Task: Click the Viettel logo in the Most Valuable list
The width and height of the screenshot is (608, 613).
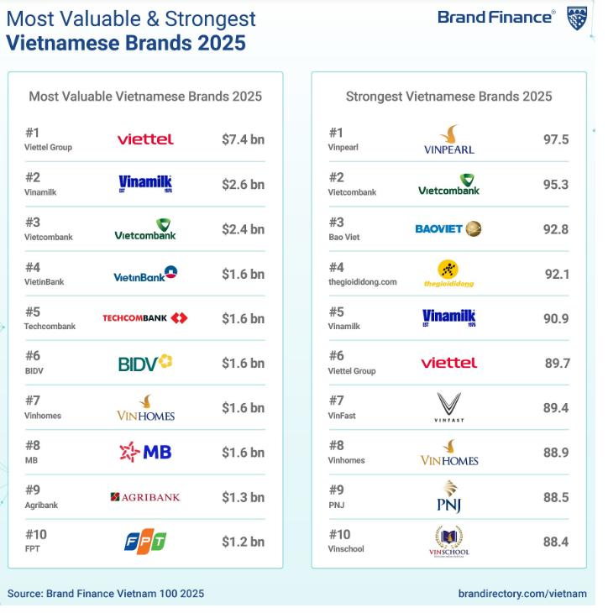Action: coord(145,139)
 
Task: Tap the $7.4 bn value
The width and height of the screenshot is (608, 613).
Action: coord(243,139)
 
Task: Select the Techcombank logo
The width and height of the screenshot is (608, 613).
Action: coord(145,318)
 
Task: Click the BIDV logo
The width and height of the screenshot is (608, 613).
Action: coord(145,363)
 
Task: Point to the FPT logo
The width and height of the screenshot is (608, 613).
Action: coord(145,542)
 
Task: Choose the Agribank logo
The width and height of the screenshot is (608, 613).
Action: coord(145,497)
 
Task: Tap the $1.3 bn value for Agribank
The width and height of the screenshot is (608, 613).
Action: coord(243,497)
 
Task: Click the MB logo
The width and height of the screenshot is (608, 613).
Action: coord(145,453)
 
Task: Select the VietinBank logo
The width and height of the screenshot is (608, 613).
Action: coord(145,274)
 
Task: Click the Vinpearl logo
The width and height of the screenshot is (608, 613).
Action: coord(449,139)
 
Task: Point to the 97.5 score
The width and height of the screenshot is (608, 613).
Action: coord(556,139)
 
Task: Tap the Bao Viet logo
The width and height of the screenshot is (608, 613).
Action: coord(448,228)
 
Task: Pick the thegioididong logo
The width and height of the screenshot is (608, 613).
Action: coord(448,274)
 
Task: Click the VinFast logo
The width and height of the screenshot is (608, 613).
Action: coord(448,407)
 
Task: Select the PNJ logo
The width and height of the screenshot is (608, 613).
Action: coord(448,497)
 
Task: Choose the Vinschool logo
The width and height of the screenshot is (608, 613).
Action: coord(448,542)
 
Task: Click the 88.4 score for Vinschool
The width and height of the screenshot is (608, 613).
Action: coord(556,542)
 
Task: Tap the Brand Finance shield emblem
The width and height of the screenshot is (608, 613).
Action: coord(577,18)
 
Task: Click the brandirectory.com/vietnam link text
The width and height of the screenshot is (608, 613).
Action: coord(522,594)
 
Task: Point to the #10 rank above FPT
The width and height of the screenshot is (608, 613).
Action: coord(35,534)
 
